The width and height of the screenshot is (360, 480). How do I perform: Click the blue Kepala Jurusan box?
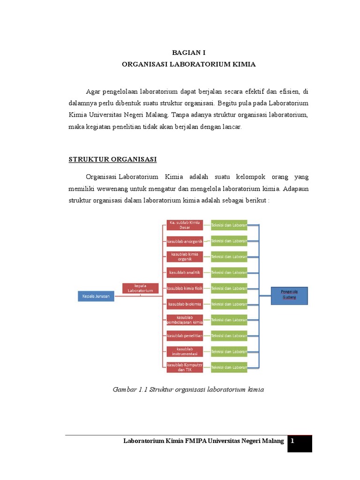[96, 296]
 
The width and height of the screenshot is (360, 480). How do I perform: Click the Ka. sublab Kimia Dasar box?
[185, 225]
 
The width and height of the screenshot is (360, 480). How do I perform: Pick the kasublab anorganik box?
[185, 241]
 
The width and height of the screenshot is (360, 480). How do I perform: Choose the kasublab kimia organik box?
[185, 256]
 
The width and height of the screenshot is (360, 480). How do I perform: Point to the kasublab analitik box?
[185, 272]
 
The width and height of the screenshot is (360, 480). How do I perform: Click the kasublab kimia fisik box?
[185, 288]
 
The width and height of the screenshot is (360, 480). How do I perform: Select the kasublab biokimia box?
[185, 304]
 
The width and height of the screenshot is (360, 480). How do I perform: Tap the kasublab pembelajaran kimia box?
[185, 320]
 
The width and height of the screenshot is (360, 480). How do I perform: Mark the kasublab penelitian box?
[185, 336]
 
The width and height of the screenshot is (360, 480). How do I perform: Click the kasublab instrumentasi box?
[185, 351]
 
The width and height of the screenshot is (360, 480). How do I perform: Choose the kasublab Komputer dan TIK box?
[185, 367]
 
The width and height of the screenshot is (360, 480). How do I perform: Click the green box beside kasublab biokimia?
[229, 304]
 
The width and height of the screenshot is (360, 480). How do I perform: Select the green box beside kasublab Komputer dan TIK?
[229, 367]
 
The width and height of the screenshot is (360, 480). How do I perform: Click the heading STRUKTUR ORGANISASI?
[112, 159]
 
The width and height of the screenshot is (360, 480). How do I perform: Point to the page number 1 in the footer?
[292, 441]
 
